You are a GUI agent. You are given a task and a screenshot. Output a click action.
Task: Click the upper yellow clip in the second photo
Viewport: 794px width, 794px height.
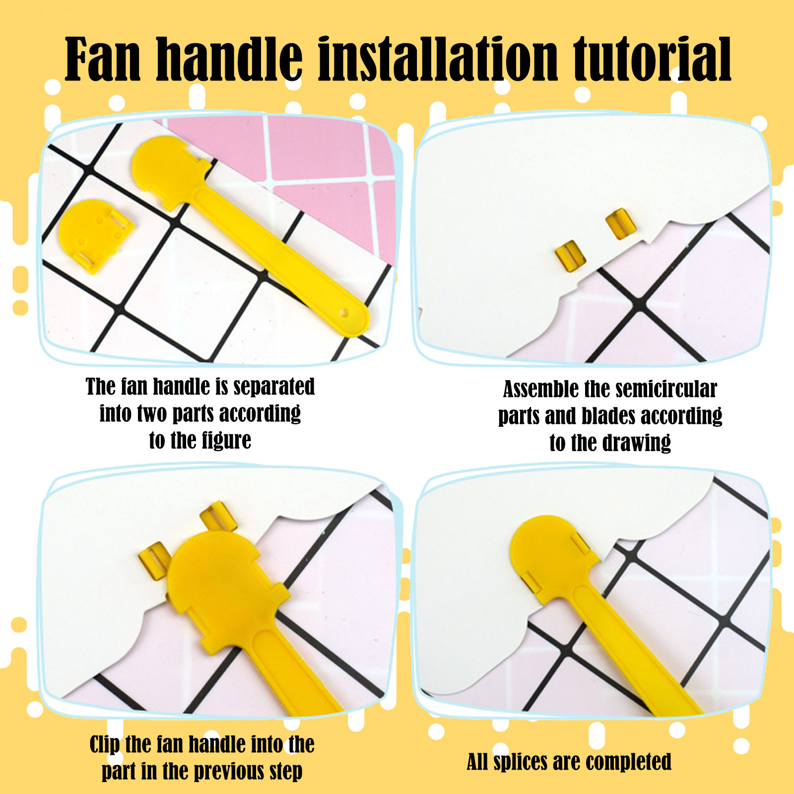[621, 224]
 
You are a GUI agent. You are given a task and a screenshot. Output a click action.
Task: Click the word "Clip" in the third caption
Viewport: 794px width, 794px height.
[104, 745]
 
